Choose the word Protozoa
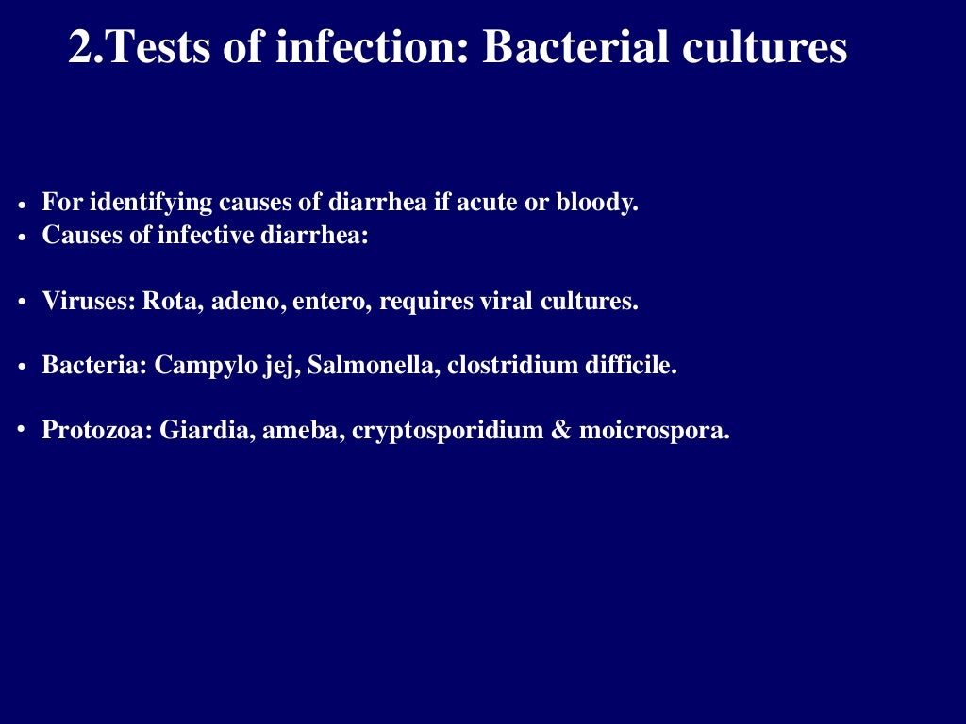coord(96,431)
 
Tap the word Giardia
coord(194,431)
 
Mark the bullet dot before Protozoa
coord(21,430)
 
